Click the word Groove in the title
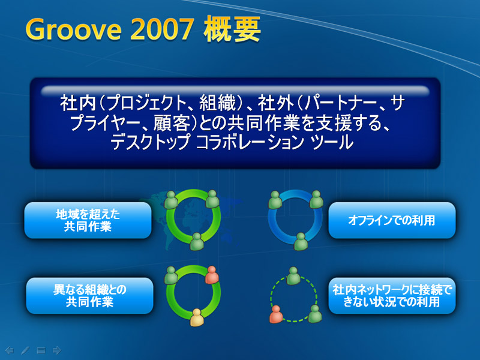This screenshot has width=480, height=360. click(x=73, y=29)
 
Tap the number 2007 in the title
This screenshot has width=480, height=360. click(x=162, y=29)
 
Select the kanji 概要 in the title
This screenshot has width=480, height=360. click(x=232, y=29)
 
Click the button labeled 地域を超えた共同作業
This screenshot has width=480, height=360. click(x=88, y=220)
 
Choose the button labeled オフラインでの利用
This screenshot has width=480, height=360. click(x=392, y=220)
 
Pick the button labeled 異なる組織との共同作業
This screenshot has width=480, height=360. click(x=89, y=296)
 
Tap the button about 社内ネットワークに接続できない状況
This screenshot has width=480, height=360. click(x=392, y=296)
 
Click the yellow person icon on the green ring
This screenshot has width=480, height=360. click(x=197, y=317)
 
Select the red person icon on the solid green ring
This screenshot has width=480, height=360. click(x=212, y=275)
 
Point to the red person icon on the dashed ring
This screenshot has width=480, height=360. click(x=276, y=314)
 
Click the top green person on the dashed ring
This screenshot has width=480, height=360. click(x=293, y=276)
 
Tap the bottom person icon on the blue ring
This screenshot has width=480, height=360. click(x=301, y=242)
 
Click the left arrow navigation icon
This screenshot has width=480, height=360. click(x=10, y=350)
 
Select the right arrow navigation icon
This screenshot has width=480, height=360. click(x=57, y=350)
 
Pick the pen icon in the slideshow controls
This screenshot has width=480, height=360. click(x=25, y=350)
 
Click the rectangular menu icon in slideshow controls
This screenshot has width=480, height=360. click(x=41, y=350)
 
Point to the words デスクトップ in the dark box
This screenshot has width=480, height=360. click(x=151, y=143)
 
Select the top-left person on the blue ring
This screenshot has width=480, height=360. click(x=275, y=200)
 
